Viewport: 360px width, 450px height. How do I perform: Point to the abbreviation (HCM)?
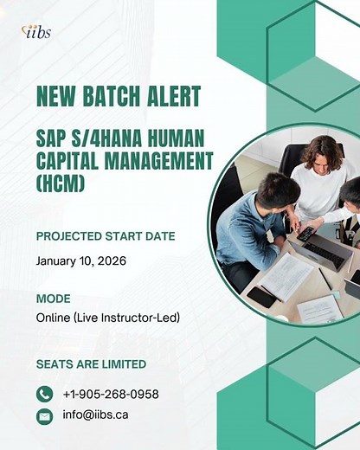(x=61, y=183)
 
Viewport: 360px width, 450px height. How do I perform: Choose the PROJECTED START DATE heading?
(x=106, y=236)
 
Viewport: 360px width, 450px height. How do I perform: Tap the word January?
(x=57, y=260)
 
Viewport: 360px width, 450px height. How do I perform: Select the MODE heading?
(x=54, y=299)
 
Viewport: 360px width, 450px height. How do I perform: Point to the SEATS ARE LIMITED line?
(x=91, y=363)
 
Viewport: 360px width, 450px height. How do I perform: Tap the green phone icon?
(x=45, y=394)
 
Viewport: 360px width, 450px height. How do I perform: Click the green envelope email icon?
(x=45, y=415)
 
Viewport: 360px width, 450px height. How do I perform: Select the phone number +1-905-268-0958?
(x=111, y=394)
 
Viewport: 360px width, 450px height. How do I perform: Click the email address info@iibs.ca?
(x=95, y=415)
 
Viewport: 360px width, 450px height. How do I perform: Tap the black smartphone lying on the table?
(x=262, y=296)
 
